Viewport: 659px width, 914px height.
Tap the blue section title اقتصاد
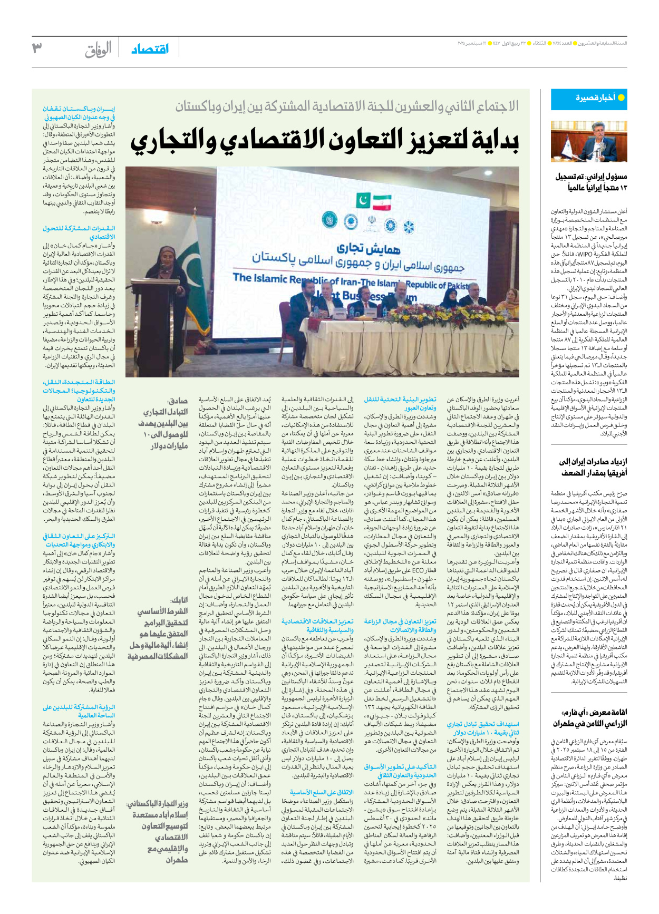pyautogui.click(x=150, y=49)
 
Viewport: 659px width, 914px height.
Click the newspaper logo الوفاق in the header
pyautogui.click(x=99, y=50)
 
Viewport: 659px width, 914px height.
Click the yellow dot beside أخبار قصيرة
pyautogui.click(x=621, y=98)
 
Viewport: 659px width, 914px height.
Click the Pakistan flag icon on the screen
pyautogui.click(x=363, y=201)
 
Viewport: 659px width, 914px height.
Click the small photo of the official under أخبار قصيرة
pyautogui.click(x=589, y=141)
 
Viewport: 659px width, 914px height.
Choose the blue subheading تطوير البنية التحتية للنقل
pyautogui.click(x=400, y=404)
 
